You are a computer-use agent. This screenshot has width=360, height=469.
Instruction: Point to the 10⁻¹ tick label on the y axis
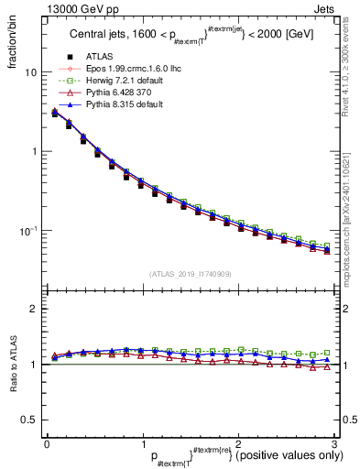click(27, 230)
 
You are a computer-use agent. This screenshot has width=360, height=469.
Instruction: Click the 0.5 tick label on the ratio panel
click(28, 420)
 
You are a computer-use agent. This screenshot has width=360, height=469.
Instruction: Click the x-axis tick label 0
click(46, 443)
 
